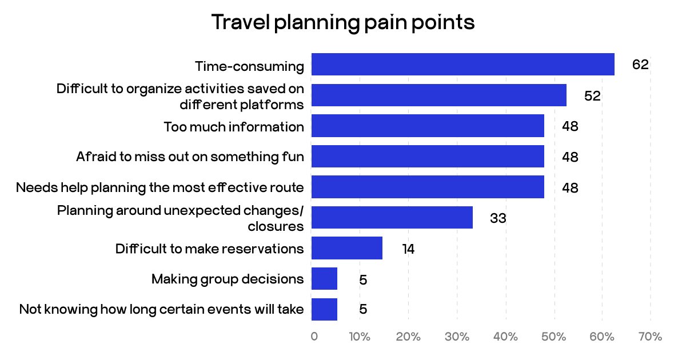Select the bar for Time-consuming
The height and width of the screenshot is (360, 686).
pos(462,64)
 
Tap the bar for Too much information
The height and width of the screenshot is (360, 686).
pos(428,126)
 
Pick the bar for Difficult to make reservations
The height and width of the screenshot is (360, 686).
pos(346,249)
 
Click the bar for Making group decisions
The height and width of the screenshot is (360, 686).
pos(324,279)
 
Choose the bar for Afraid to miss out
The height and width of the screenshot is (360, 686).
pos(428,156)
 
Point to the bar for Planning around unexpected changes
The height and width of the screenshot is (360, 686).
pos(392,218)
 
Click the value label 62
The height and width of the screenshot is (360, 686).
pos(640,64)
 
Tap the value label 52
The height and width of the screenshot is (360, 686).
pos(592,95)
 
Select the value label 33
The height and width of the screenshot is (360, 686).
pos(498,218)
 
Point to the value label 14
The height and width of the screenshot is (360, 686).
pos(408,249)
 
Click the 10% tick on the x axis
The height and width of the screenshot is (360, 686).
pos(360,337)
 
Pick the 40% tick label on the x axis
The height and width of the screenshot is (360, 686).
pos(505,337)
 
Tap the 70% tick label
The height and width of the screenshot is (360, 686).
pos(650,337)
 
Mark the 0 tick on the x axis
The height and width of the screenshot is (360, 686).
pos(314,337)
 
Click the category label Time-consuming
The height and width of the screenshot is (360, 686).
pos(249,66)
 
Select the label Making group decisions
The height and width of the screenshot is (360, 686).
pos(228,279)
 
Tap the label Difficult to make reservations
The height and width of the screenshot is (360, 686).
pos(209,249)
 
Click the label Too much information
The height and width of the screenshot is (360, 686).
pos(234,126)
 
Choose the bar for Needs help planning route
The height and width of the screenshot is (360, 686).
pos(428,187)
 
